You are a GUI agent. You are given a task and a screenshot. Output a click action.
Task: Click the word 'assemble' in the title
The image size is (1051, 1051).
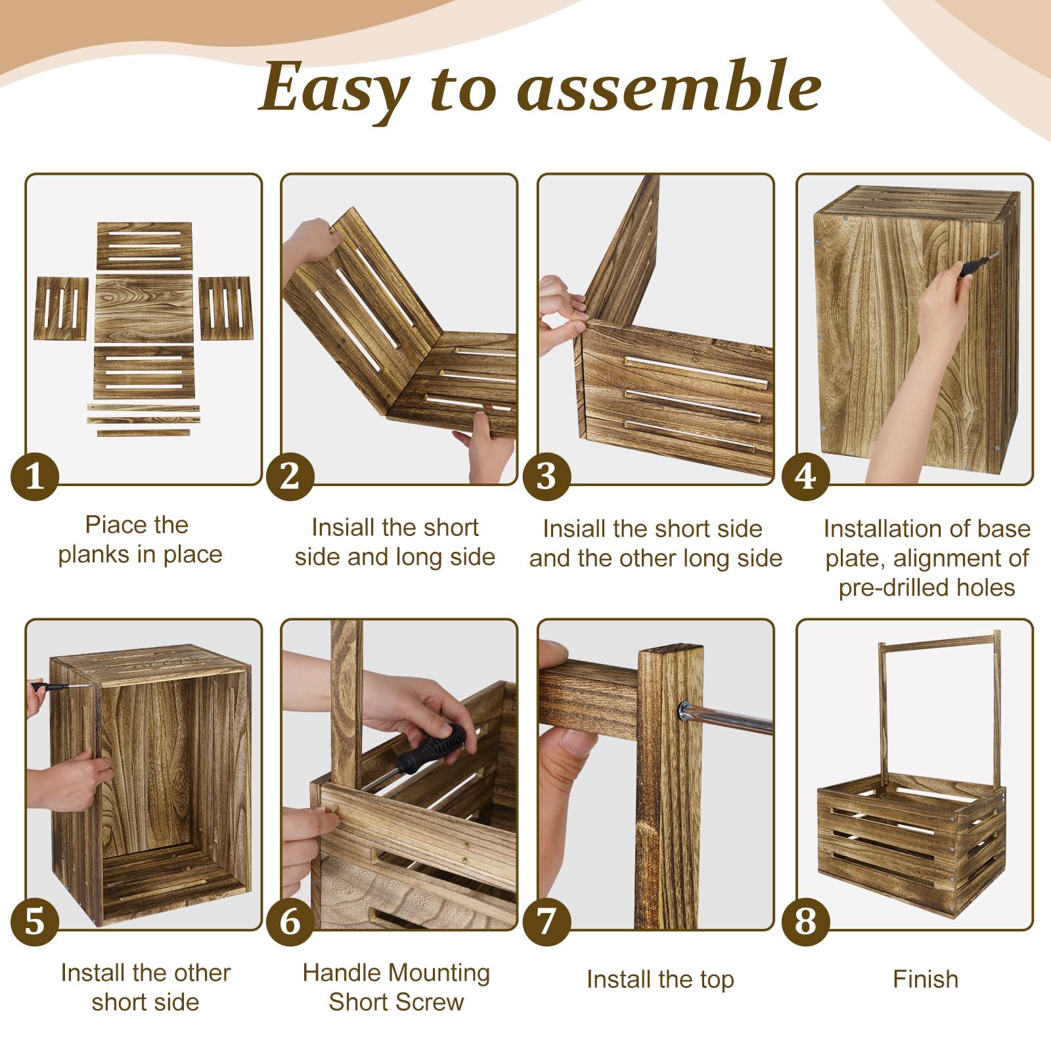[x=669, y=86]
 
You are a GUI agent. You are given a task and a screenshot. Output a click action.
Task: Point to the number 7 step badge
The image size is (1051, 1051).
[x=547, y=922]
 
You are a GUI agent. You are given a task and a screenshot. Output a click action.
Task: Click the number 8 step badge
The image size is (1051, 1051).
[x=806, y=922]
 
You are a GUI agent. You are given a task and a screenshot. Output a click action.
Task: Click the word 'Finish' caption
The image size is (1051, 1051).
[x=926, y=979]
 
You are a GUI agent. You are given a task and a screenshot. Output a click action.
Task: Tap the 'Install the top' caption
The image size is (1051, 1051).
[x=660, y=979]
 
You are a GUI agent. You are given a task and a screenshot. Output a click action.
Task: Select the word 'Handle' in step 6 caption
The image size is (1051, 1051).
[x=341, y=973]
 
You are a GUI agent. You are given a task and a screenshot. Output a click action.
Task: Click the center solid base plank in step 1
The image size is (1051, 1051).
[x=145, y=309]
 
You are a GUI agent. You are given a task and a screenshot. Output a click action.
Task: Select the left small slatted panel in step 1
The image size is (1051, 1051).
[x=61, y=308]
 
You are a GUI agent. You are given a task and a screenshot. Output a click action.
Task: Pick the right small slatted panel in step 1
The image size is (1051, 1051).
[x=225, y=308]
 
